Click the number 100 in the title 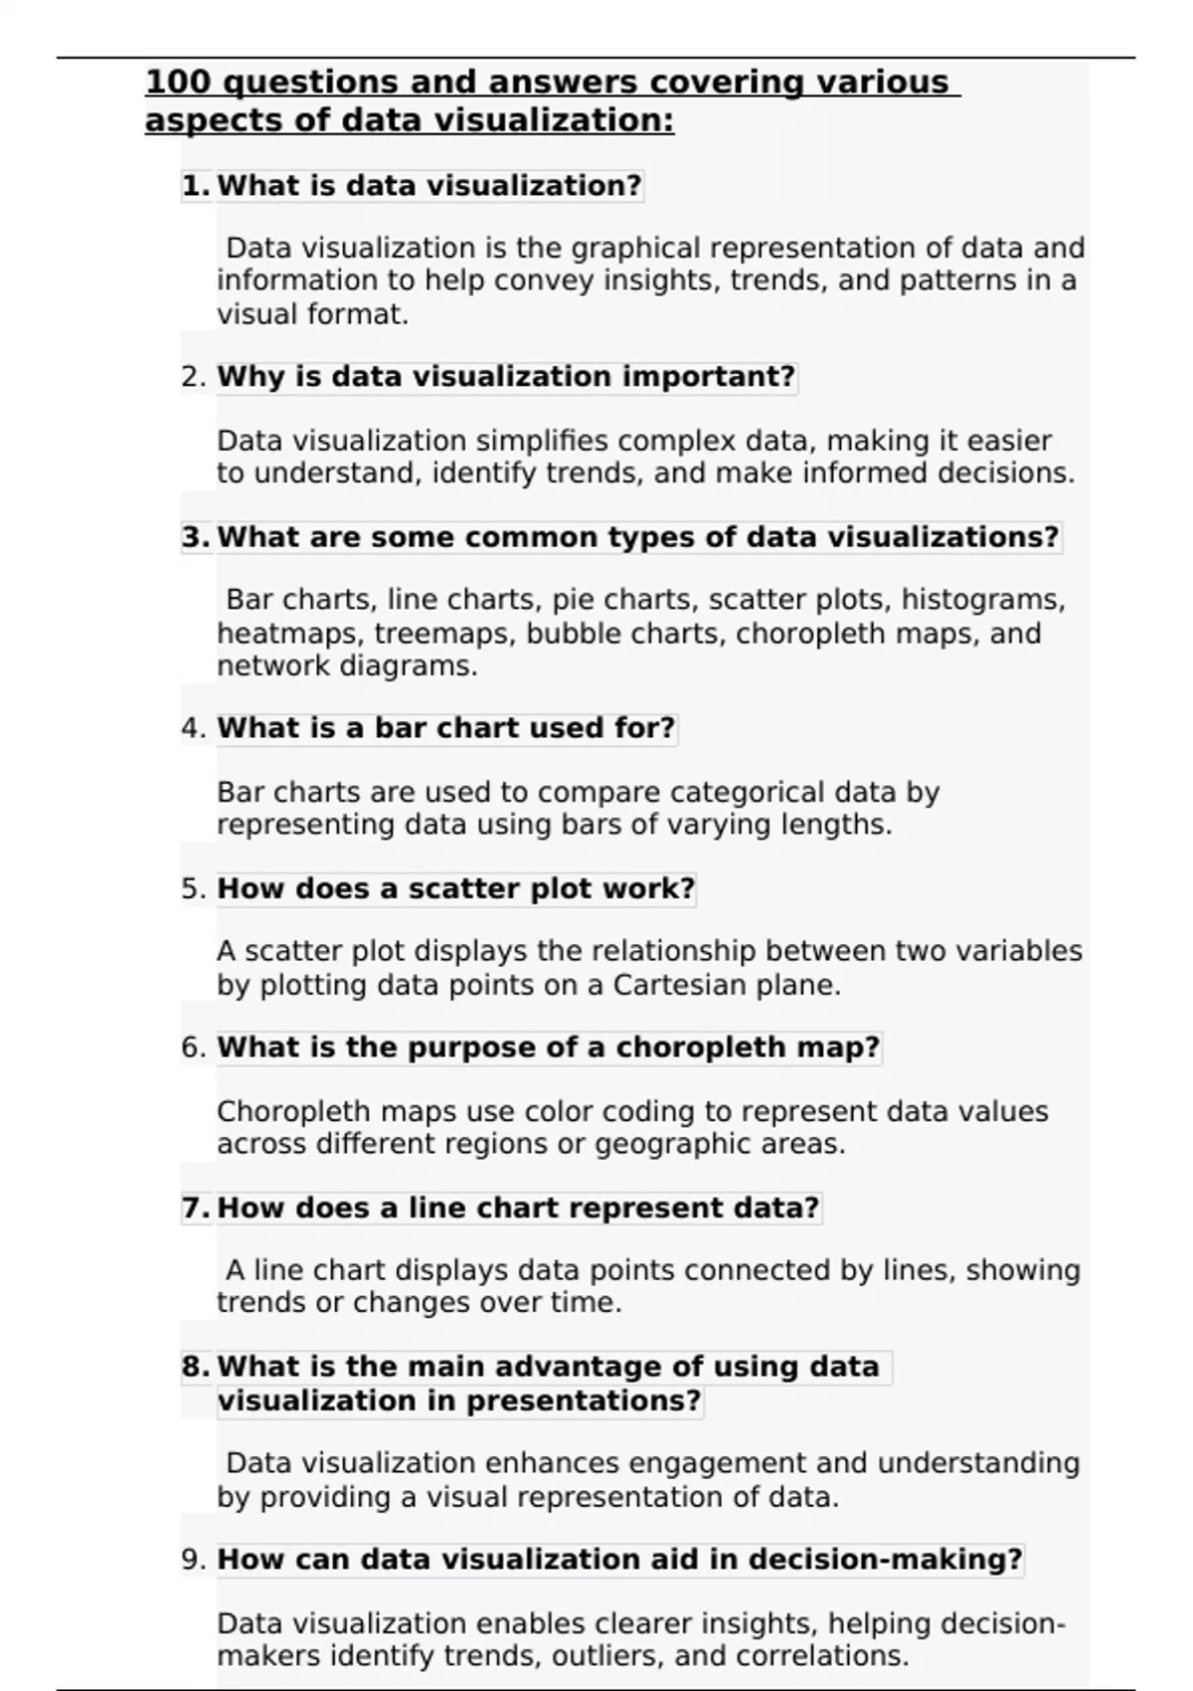[177, 82]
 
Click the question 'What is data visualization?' [429, 186]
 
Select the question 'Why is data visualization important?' [506, 377]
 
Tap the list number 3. [195, 537]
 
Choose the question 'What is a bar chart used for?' [446, 728]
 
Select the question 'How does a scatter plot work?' [455, 888]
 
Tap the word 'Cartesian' [680, 985]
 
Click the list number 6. [193, 1047]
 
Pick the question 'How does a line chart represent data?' [518, 1208]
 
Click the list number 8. [195, 1367]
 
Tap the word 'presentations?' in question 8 [584, 1401]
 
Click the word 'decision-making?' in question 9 [885, 1559]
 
